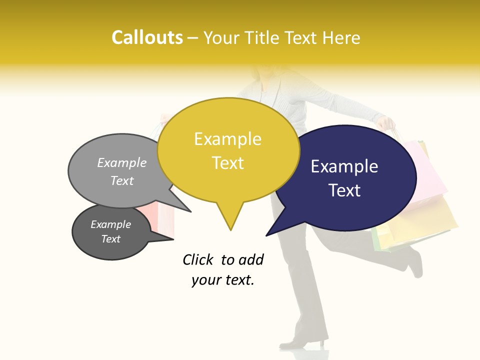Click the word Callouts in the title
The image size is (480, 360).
pyautogui.click(x=147, y=37)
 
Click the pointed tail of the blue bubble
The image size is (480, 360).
pyautogui.click(x=267, y=235)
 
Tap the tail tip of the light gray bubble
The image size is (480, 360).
pyautogui.click(x=190, y=211)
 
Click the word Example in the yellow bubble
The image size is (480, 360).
pyautogui.click(x=227, y=139)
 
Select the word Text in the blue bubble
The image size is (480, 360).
pyautogui.click(x=345, y=190)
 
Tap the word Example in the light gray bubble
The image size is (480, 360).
pyautogui.click(x=122, y=162)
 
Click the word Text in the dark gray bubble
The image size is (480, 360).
pyautogui.click(x=110, y=239)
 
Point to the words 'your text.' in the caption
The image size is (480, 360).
pyautogui.click(x=223, y=280)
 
